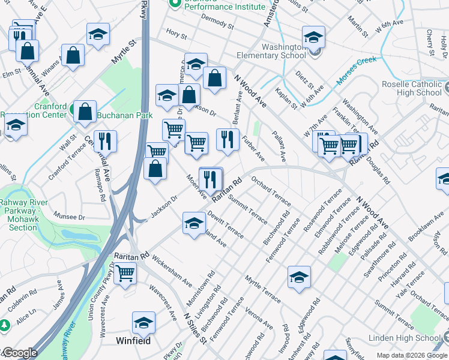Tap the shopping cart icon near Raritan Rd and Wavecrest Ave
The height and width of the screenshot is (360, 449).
pyautogui.click(x=125, y=272)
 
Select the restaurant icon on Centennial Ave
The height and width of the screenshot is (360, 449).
pyautogui.click(x=104, y=140)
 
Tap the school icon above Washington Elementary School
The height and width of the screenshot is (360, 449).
pyautogui.click(x=313, y=37)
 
